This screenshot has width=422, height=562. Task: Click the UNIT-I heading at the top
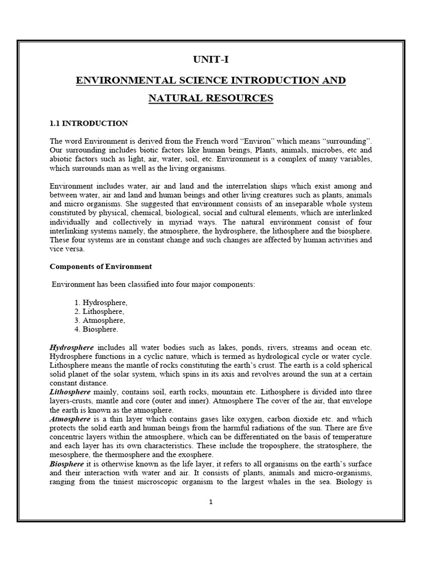pos(210,59)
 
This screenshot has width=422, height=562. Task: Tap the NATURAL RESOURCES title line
pos(210,99)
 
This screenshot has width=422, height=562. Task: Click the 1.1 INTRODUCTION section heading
pos(88,123)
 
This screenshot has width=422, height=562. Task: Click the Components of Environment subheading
pos(101,266)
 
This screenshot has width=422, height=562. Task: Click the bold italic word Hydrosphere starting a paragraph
pos(71,347)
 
